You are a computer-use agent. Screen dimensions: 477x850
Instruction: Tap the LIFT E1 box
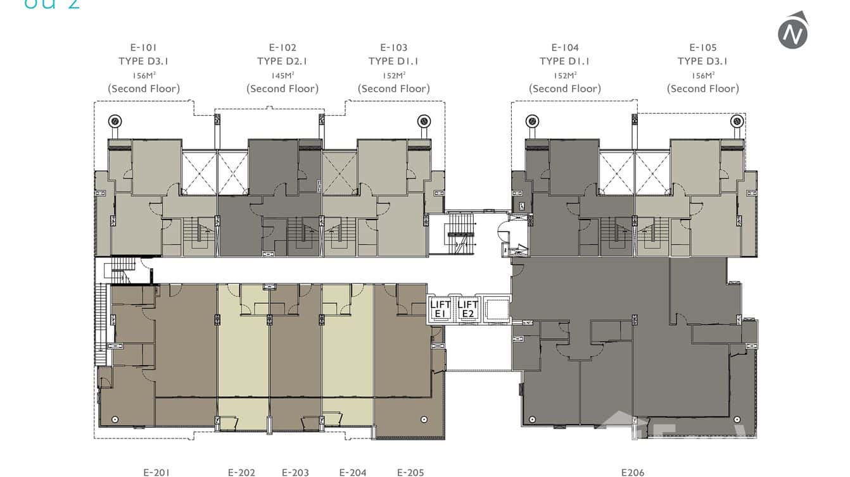click(x=441, y=309)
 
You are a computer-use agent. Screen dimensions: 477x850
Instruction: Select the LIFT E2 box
click(x=467, y=309)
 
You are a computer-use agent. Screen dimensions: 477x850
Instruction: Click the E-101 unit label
click(x=143, y=47)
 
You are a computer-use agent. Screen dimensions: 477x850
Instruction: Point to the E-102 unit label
click(x=282, y=47)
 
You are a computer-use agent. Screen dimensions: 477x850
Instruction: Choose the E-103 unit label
click(x=394, y=47)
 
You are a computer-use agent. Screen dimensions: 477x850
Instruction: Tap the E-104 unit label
click(x=565, y=47)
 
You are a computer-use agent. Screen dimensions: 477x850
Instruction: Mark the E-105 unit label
click(x=702, y=47)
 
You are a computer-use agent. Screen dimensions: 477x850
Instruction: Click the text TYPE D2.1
click(x=282, y=61)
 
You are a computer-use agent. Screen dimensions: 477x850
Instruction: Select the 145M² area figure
click(x=282, y=75)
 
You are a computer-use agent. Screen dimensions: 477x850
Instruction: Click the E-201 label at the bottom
click(x=156, y=472)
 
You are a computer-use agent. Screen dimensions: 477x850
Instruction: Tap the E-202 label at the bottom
click(x=241, y=472)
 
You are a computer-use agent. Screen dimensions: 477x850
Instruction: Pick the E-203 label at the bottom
click(x=295, y=472)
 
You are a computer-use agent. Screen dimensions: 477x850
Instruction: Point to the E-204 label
click(x=353, y=472)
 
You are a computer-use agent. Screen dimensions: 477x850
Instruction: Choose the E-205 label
click(x=410, y=472)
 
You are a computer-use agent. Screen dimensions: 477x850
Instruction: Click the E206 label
click(x=632, y=472)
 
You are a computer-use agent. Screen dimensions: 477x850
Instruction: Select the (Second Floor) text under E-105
click(x=702, y=89)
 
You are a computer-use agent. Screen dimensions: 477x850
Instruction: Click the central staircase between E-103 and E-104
click(x=460, y=233)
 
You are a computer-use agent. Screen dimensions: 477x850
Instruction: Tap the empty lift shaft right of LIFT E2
click(x=495, y=309)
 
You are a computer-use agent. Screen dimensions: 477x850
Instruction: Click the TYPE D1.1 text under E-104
click(x=565, y=61)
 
